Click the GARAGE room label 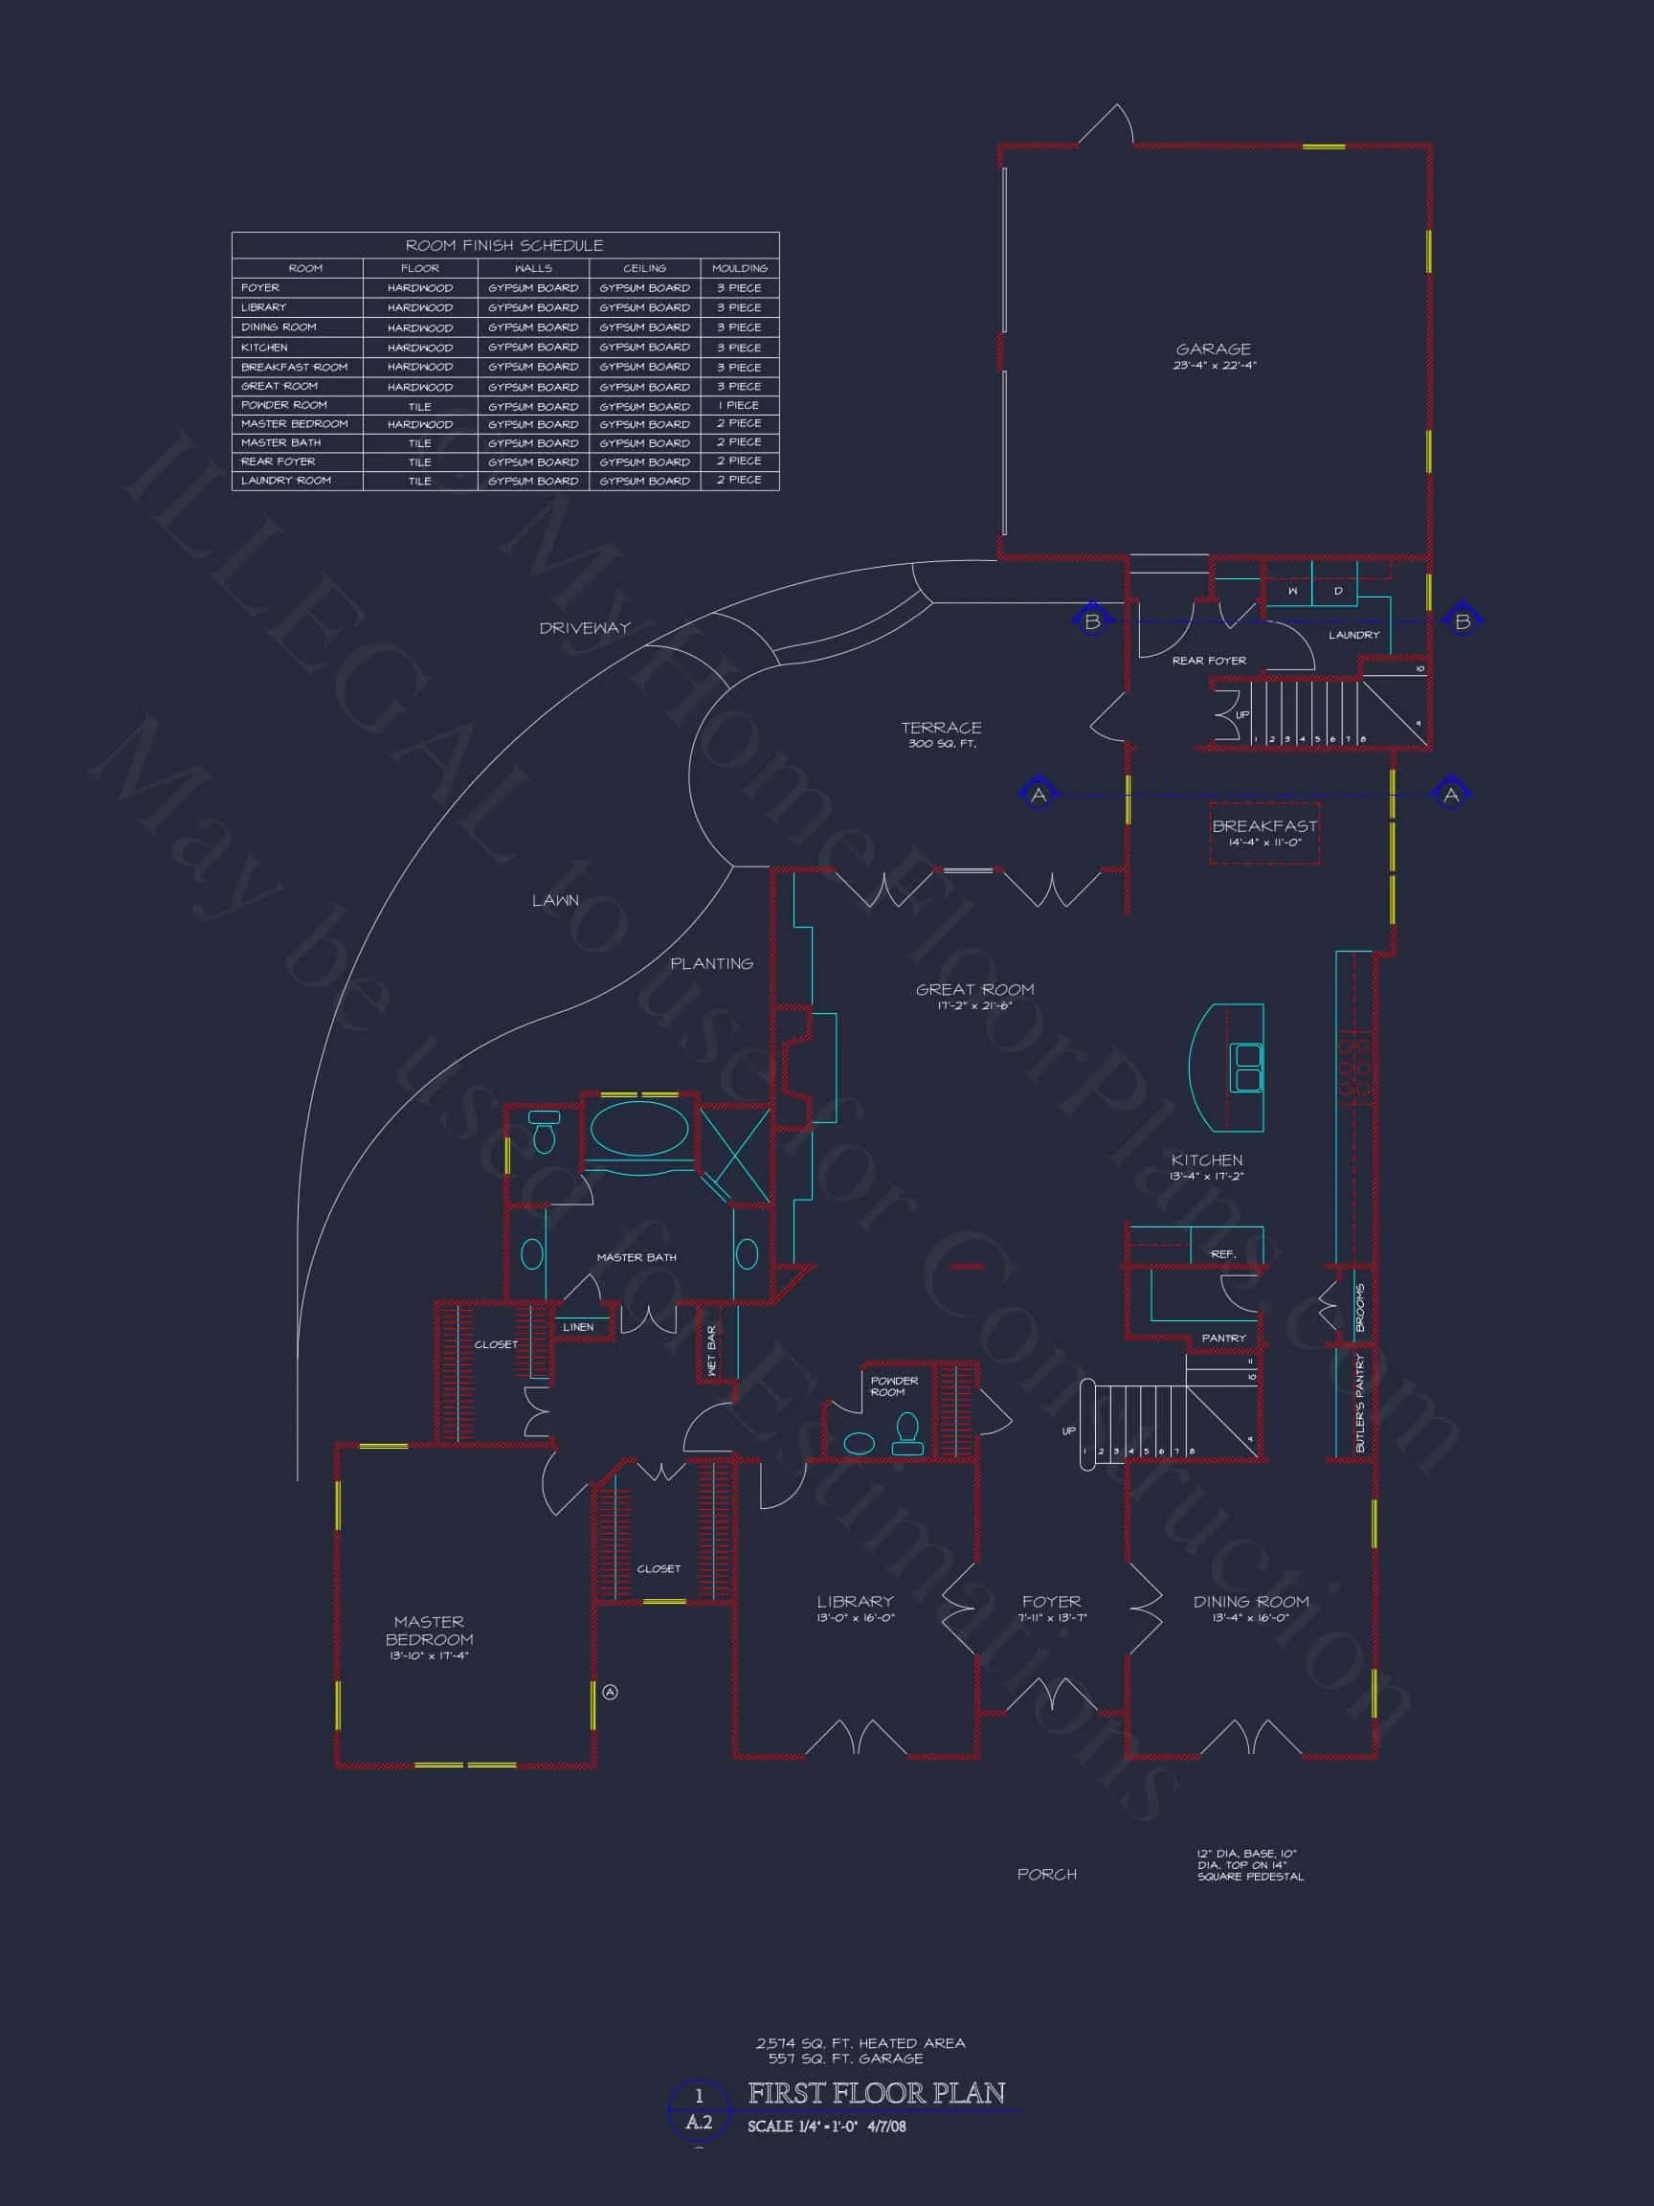point(1214,349)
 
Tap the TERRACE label point(941,728)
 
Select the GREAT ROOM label point(974,989)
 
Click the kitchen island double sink point(1246,1068)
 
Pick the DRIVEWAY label point(584,628)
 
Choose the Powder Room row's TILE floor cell point(420,406)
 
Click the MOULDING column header point(740,268)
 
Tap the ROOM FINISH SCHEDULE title point(503,245)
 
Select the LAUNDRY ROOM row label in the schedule point(286,481)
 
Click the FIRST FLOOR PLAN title point(877,2093)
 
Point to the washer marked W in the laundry point(1293,592)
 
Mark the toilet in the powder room point(907,1429)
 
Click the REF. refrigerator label point(1223,1253)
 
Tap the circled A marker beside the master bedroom point(611,1692)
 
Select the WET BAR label point(712,1351)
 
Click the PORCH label point(1047,1874)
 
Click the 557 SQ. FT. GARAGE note point(845,2059)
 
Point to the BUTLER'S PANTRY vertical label point(1360,1402)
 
